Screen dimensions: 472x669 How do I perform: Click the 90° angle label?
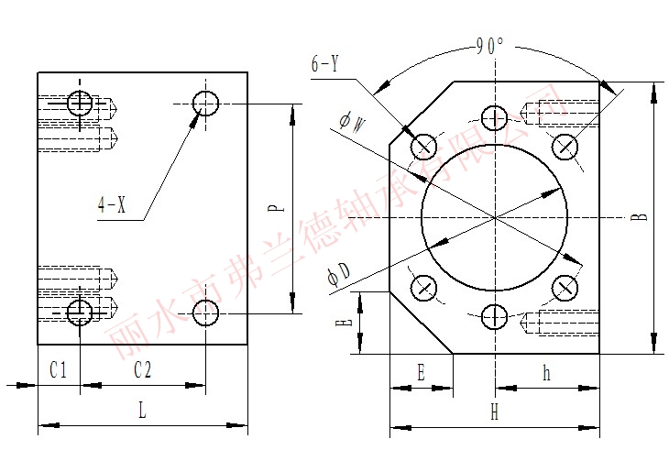490,47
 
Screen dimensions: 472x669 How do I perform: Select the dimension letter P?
274,208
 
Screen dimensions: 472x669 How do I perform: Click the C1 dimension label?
59,369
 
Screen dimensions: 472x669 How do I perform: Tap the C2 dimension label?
142,369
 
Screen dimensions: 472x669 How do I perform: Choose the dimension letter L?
142,411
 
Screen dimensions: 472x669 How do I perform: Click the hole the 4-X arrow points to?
205,103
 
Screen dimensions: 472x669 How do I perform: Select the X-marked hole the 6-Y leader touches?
423,146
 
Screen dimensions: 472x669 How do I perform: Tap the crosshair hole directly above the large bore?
495,117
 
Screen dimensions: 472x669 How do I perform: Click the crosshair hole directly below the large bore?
495,317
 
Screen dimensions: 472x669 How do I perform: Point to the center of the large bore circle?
495,217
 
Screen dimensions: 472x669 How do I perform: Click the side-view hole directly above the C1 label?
80,313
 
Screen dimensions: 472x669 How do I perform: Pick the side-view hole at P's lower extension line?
205,314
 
